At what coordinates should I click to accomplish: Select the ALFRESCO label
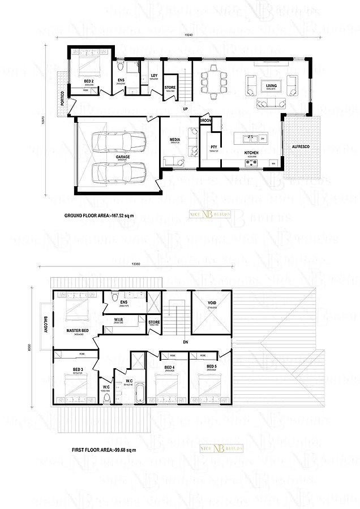pos(300,146)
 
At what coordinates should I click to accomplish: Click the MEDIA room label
pos(175,139)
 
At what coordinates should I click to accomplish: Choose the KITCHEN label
pos(251,153)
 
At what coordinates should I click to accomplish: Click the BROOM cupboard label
pos(205,121)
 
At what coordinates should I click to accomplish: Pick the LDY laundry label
pos(154,75)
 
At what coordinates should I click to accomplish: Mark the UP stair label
pos(185,109)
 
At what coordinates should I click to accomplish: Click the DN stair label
pos(185,343)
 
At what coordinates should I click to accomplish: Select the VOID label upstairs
pos(212,303)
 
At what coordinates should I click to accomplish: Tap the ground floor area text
pos(102,216)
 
